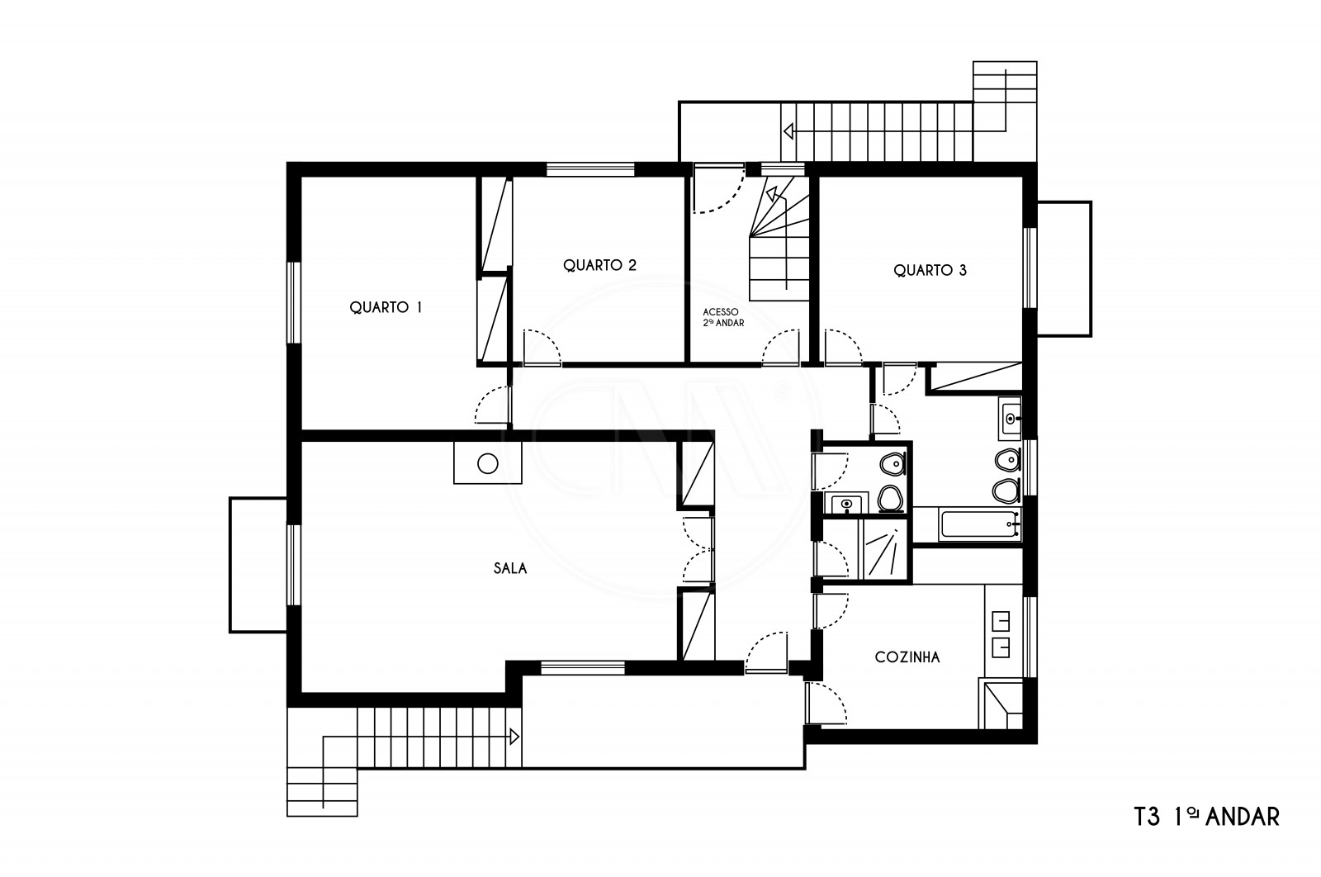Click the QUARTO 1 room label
(x=386, y=307)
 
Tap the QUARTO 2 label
(x=599, y=265)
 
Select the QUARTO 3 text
(x=930, y=270)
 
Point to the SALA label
(x=510, y=568)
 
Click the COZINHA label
(x=907, y=657)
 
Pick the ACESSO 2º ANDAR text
(x=723, y=317)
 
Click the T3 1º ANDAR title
(x=1206, y=817)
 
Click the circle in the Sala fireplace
(x=488, y=463)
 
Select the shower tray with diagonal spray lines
(x=885, y=549)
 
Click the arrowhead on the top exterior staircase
(x=788, y=131)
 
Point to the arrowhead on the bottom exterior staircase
(x=514, y=737)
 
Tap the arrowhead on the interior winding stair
(x=771, y=193)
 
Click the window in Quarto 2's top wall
(x=590, y=169)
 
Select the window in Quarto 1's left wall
(x=294, y=302)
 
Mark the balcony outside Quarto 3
(x=1064, y=269)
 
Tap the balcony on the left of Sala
(x=258, y=565)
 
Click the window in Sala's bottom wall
(x=583, y=667)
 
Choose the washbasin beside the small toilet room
(x=846, y=505)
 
